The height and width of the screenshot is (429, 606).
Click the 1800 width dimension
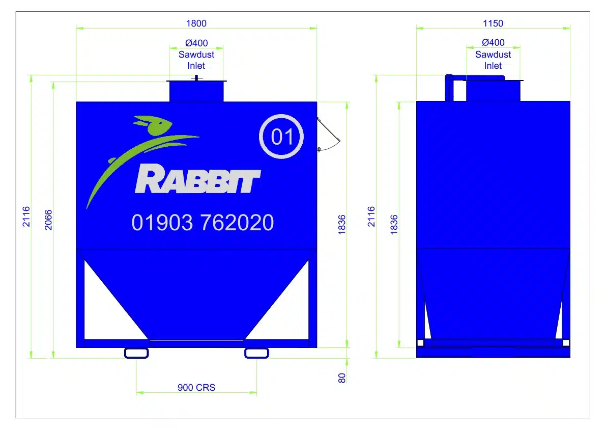(196, 23)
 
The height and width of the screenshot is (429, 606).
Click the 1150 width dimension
(493, 23)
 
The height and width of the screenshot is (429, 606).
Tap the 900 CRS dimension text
(196, 388)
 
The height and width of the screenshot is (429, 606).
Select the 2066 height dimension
(48, 220)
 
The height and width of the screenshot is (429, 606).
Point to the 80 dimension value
(342, 378)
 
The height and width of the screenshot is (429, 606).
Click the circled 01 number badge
(281, 137)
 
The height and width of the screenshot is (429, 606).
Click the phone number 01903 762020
(203, 223)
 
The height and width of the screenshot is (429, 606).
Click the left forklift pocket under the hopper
(136, 353)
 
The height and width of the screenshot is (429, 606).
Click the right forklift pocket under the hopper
(256, 353)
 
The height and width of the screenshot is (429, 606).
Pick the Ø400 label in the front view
(196, 43)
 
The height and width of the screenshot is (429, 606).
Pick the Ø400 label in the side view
(493, 43)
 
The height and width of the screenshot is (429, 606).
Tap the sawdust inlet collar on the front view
(196, 91)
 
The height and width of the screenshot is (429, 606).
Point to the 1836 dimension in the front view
(342, 224)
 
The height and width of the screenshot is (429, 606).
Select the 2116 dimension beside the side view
(371, 216)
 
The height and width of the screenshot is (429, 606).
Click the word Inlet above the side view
(493, 66)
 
